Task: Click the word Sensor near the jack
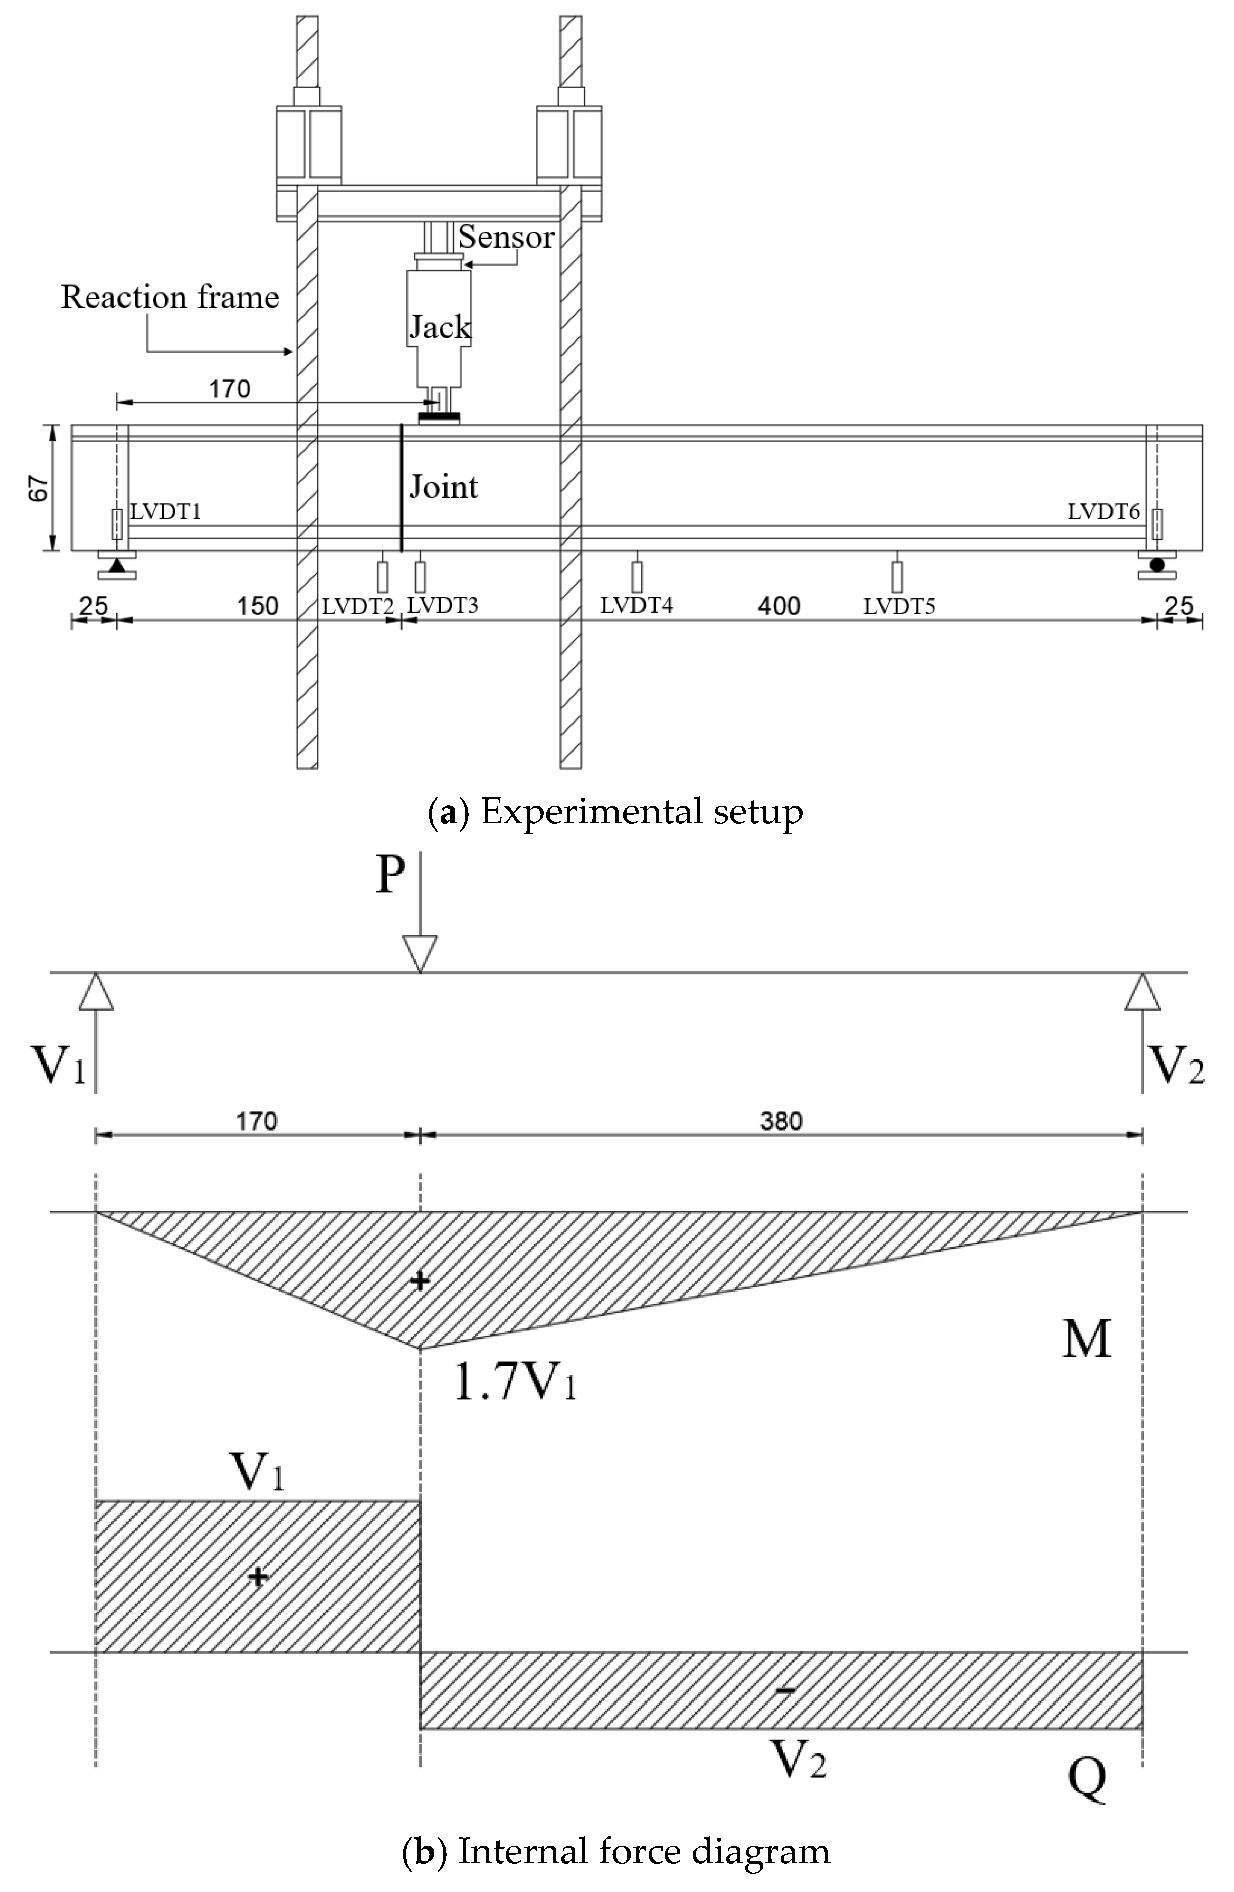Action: click(x=506, y=237)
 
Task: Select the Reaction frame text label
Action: click(x=170, y=297)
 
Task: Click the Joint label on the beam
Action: click(x=444, y=486)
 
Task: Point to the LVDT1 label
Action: click(x=165, y=512)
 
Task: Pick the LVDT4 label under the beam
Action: click(x=636, y=606)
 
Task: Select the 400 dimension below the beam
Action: click(x=779, y=606)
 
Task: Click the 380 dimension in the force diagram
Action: click(x=781, y=1122)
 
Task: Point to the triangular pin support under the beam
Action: click(x=117, y=566)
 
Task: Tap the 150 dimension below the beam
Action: click(x=258, y=606)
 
